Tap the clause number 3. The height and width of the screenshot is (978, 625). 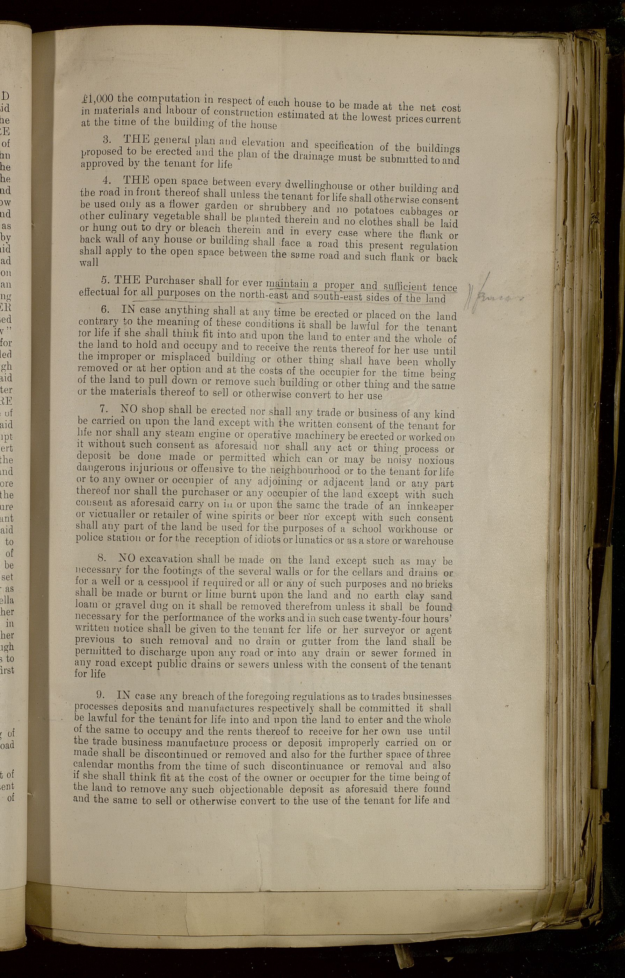pos(107,139)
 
